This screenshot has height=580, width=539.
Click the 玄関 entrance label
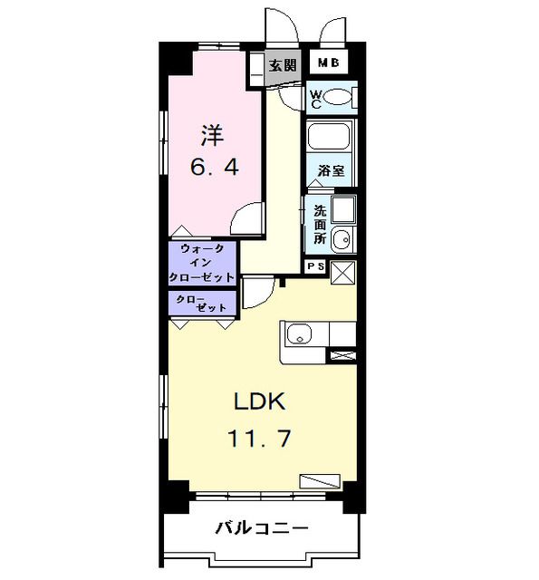pyautogui.click(x=283, y=65)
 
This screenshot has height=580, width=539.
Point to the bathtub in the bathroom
pyautogui.click(x=330, y=137)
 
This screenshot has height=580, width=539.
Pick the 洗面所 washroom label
pyautogui.click(x=320, y=225)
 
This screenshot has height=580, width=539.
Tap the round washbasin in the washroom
pyautogui.click(x=341, y=239)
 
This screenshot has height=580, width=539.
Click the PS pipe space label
pyautogui.click(x=315, y=267)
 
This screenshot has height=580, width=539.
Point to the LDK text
pyautogui.click(x=261, y=401)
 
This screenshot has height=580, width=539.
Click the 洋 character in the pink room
pyautogui.click(x=212, y=137)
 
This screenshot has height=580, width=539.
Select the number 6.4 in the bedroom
pyautogui.click(x=214, y=168)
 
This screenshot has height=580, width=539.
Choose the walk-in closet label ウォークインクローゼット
pyautogui.click(x=202, y=263)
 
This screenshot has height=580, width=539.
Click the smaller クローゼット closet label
pyautogui.click(x=201, y=303)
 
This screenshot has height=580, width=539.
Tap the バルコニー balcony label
pyautogui.click(x=262, y=528)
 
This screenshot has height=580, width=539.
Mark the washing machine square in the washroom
pyautogui.click(x=343, y=210)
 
